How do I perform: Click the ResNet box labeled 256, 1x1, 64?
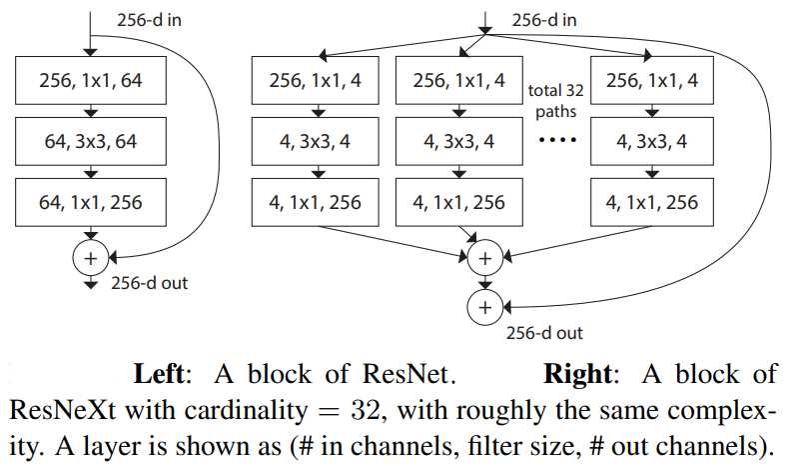(91, 82)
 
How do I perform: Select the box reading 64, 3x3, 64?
(91, 142)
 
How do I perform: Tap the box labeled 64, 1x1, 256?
(91, 203)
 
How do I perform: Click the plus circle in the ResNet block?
(91, 258)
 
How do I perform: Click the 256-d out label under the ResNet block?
(148, 283)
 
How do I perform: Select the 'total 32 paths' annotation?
(555, 99)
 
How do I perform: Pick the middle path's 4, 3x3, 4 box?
(458, 142)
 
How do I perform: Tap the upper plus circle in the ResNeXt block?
(485, 257)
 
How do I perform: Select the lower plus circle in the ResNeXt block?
(485, 306)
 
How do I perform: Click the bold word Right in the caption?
(577, 376)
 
